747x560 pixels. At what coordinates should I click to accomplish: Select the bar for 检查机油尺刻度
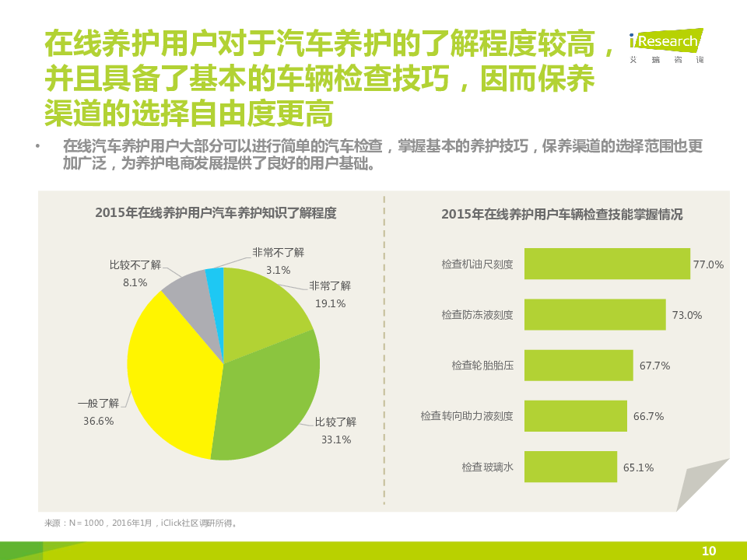607,264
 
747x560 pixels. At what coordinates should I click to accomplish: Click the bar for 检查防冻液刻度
594,314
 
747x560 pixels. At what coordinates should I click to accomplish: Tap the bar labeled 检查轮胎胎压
578,365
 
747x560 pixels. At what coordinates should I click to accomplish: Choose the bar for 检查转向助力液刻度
575,415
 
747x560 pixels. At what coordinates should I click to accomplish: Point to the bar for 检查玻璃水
570,467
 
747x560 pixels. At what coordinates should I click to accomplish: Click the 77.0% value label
708,264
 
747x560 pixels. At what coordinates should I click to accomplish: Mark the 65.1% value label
638,467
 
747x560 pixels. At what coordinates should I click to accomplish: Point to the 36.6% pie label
99,421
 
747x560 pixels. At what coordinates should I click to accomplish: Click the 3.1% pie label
278,270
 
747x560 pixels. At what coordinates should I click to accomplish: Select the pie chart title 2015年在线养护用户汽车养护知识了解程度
216,212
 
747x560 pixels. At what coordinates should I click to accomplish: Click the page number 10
708,551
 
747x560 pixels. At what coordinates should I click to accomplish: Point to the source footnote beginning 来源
141,523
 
